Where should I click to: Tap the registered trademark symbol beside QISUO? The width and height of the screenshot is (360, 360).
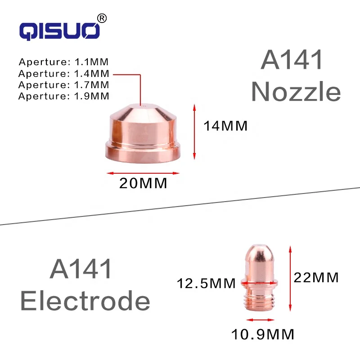102,18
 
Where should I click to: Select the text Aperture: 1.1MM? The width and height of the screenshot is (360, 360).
64,62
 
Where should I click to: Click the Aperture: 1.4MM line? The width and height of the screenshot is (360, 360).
64,73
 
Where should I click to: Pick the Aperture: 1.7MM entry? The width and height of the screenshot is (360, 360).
64,84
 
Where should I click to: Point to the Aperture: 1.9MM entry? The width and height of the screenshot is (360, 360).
64,95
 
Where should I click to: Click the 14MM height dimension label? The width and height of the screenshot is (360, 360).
225,126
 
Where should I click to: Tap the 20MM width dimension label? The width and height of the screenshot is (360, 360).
143,184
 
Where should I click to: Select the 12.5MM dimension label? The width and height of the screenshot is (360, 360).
206,283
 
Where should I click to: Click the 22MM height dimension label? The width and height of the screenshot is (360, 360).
316,278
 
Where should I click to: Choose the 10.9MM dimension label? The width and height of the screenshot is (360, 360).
263,334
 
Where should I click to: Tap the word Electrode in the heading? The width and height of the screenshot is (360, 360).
85,301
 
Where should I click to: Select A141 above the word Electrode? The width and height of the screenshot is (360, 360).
81,269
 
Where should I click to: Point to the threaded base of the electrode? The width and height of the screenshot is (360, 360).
258,298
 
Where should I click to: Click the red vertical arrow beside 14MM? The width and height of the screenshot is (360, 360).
195,131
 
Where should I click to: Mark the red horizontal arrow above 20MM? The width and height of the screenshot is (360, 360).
143,172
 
